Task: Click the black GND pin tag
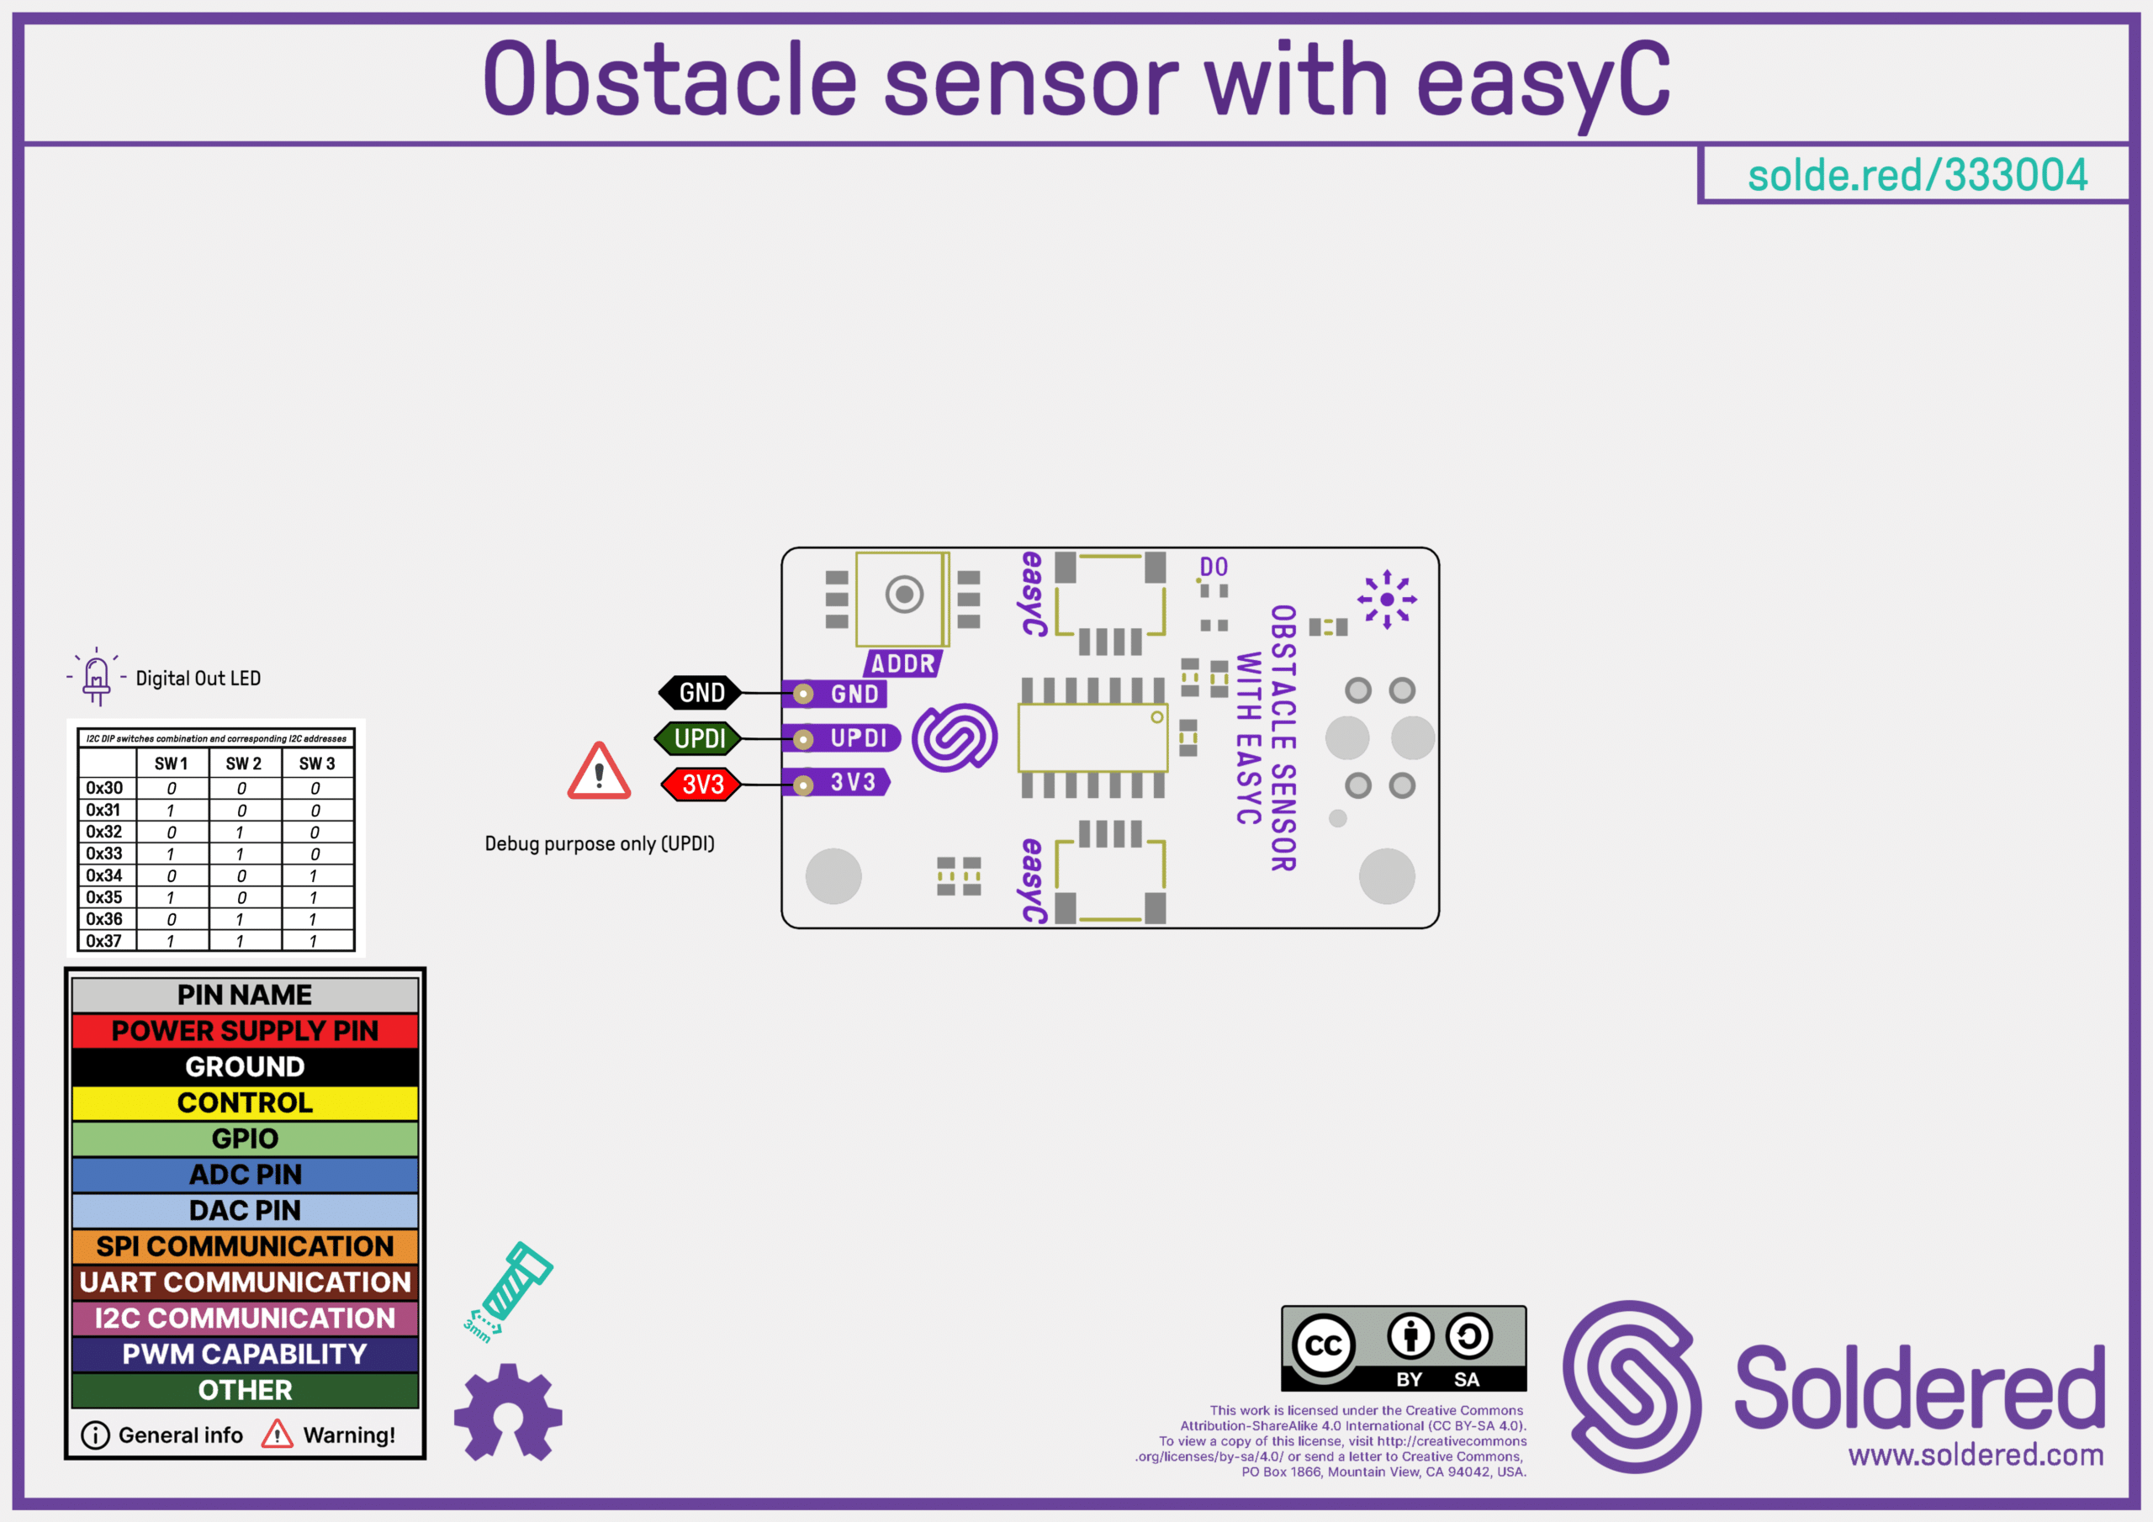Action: click(x=701, y=693)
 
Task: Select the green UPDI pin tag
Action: click(x=699, y=738)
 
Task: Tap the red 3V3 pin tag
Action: click(x=701, y=784)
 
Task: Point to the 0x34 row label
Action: click(x=104, y=875)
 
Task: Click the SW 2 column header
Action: click(x=243, y=764)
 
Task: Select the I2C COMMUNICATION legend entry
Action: click(x=245, y=1318)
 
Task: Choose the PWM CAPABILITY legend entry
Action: click(x=245, y=1353)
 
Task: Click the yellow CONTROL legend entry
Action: click(x=245, y=1102)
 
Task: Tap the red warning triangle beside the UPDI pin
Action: click(x=599, y=773)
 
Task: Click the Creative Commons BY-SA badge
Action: click(x=1403, y=1349)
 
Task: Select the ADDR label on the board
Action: click(x=902, y=664)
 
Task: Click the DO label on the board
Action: click(x=1214, y=567)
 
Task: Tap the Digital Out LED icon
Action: click(x=97, y=676)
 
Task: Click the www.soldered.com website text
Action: click(x=1976, y=1455)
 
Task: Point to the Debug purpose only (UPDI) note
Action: click(x=599, y=843)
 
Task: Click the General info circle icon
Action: click(x=95, y=1435)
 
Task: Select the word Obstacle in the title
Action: click(x=669, y=81)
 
